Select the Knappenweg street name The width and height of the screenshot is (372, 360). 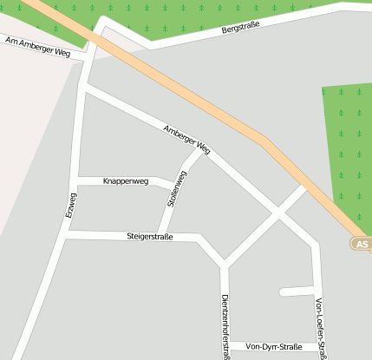pos(126,181)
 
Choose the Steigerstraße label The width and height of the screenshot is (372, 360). pos(150,236)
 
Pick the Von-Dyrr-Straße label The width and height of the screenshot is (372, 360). pos(274,347)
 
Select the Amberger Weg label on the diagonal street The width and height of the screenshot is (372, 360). pos(186,139)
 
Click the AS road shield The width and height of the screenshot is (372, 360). pos(362,245)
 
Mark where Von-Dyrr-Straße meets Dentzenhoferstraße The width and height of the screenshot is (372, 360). pos(225,346)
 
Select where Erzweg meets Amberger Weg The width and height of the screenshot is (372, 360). pos(83,88)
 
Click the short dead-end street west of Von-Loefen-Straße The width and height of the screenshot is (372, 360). pos(297,291)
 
